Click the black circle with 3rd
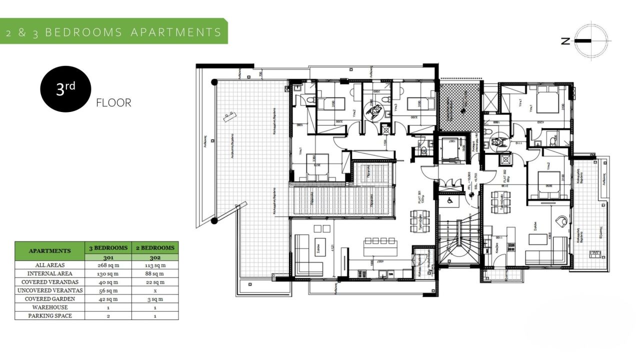pos(65,89)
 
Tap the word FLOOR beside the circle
pos(113,103)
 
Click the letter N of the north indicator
pos(565,41)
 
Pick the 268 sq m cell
pos(108,265)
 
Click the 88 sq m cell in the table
pos(155,274)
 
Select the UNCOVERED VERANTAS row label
pos(50,290)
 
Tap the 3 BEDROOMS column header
pos(108,248)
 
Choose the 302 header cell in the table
pos(155,257)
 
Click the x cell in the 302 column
pos(155,290)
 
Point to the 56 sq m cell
pos(108,290)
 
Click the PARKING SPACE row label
pos(50,316)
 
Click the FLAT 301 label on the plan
pos(413,196)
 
